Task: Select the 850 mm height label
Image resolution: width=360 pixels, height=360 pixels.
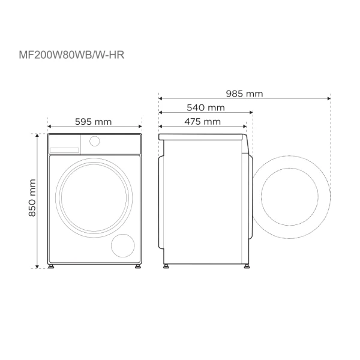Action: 32,199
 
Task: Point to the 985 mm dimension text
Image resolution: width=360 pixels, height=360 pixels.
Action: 244,94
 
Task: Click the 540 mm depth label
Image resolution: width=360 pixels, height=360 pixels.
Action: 206,108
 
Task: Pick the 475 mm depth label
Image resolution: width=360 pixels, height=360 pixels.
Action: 202,121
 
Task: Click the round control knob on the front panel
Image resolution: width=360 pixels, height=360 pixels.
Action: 94,141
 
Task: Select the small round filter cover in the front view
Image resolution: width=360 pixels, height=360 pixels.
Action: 124,245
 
